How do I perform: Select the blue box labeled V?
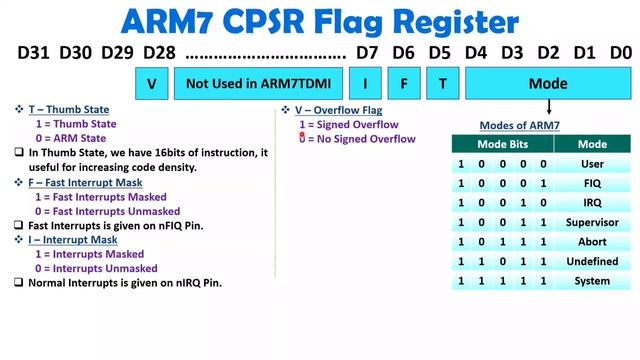point(151,84)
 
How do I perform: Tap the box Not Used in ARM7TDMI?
point(259,84)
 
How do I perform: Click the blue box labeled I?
point(365,84)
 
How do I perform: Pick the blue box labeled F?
point(404,84)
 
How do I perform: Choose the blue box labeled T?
point(441,84)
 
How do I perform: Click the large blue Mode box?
point(548,84)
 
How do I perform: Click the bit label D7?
point(367,52)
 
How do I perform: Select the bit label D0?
point(620,52)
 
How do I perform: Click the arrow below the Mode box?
point(549,107)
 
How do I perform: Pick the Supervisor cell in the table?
point(593,222)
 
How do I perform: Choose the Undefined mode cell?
point(593,261)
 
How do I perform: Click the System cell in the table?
point(593,281)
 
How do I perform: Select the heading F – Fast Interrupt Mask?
point(84,183)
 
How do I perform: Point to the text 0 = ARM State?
point(76,138)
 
